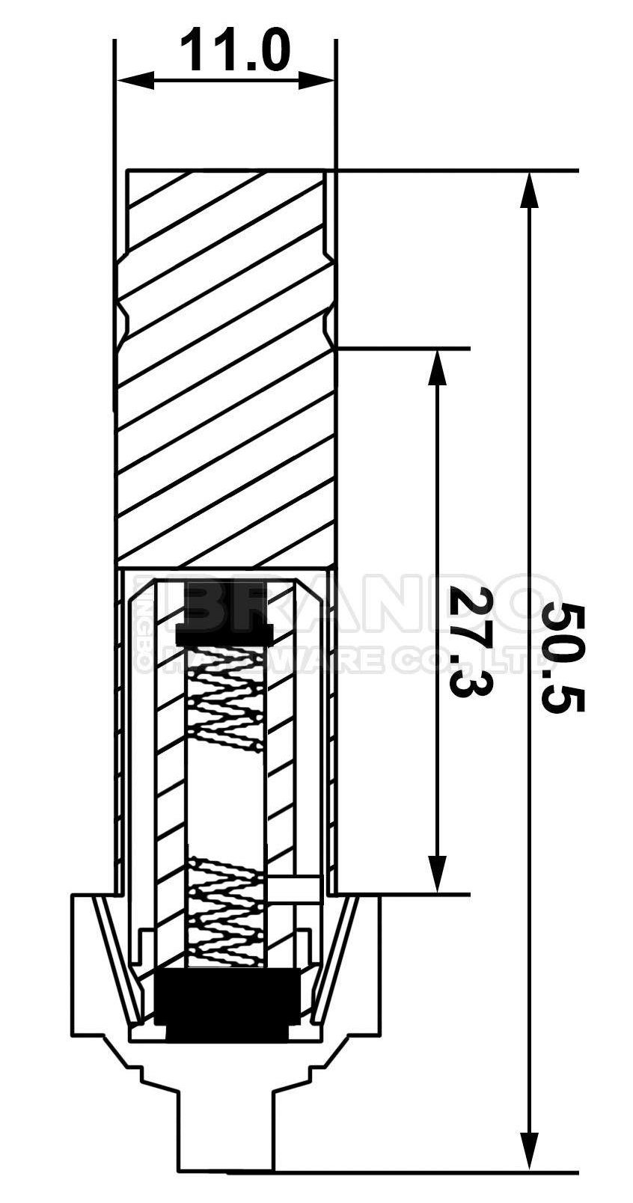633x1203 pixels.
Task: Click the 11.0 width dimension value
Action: pos(234,49)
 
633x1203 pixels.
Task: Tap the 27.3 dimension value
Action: pos(470,641)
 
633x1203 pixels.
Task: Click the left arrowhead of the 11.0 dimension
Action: pos(135,79)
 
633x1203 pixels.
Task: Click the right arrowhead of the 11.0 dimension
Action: pos(316,79)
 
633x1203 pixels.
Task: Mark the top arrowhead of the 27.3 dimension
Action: pos(437,367)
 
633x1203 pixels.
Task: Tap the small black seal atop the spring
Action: pos(224,633)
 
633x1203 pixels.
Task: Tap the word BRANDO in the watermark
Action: pos(359,605)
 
